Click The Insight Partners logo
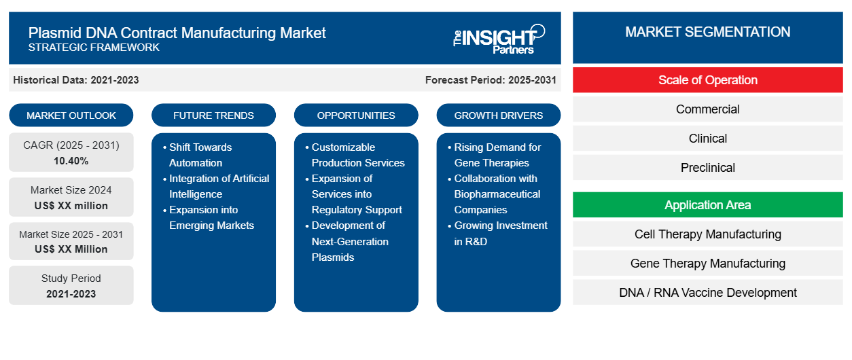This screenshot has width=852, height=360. tap(499, 38)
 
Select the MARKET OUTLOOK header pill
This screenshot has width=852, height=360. tap(71, 115)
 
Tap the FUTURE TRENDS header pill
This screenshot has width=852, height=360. tap(213, 115)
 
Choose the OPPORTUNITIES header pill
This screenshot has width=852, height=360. tap(356, 115)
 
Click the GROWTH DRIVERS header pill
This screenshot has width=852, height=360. tap(499, 115)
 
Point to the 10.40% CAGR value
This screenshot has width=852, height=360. tap(71, 161)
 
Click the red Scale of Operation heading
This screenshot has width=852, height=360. tap(707, 80)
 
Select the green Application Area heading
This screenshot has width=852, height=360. tap(707, 205)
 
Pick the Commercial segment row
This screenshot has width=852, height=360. tap(707, 109)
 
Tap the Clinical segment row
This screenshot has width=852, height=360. tap(707, 139)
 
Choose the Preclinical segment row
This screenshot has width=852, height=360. tap(707, 168)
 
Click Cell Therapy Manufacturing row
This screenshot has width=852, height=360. tap(707, 234)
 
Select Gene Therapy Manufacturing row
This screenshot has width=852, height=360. tap(707, 264)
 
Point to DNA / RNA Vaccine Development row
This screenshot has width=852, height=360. tap(707, 293)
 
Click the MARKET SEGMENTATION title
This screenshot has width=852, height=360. tap(707, 32)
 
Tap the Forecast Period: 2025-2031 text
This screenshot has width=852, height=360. tap(491, 80)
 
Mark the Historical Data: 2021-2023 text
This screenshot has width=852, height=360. tap(76, 80)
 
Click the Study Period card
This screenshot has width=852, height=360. tap(71, 286)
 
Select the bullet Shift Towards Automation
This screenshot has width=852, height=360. tap(200, 155)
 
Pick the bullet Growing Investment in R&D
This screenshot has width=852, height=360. tap(501, 233)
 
